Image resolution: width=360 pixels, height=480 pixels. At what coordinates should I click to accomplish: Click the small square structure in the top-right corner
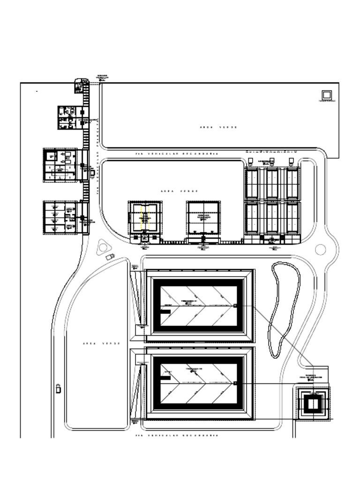click(x=326, y=95)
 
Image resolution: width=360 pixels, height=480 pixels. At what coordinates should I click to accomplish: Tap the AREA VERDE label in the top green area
click(x=218, y=127)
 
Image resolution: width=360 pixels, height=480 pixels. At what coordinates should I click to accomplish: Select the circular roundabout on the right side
click(x=320, y=249)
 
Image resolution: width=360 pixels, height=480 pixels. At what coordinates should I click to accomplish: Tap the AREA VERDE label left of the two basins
click(x=101, y=344)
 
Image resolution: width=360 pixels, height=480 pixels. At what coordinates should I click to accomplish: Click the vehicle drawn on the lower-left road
click(x=59, y=389)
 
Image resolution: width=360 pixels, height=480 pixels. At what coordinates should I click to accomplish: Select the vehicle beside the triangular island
click(x=110, y=256)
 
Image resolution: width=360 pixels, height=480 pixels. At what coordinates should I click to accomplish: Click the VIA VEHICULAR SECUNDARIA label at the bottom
click(x=177, y=436)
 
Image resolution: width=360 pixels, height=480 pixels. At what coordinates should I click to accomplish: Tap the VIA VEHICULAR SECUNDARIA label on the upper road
click(x=177, y=154)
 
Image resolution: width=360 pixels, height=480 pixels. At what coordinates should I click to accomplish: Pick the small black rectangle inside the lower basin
click(x=165, y=376)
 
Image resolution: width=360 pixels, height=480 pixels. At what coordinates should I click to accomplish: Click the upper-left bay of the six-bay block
click(x=252, y=184)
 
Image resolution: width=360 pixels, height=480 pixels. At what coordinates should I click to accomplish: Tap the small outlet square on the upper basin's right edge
click(x=235, y=306)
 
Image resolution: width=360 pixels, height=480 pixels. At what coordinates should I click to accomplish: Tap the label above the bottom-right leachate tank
click(x=311, y=377)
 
